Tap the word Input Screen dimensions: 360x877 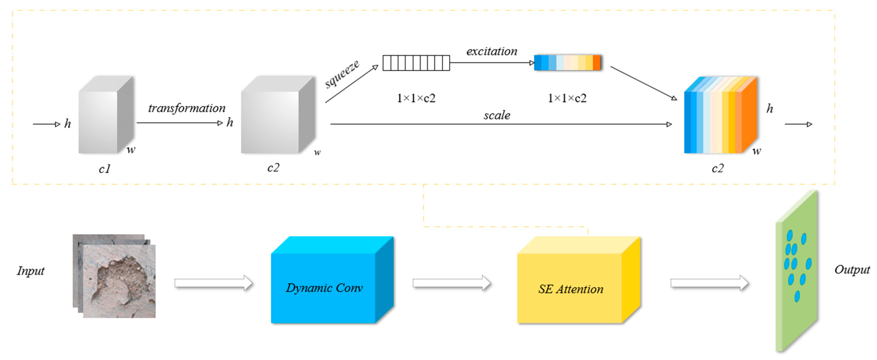31,271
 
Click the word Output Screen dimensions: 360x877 852,270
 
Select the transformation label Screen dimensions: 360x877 187,108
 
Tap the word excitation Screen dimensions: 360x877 492,51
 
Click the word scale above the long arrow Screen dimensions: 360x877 497,115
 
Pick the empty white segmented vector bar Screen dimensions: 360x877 416,63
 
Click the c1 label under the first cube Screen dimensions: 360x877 104,169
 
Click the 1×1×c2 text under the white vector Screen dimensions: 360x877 416,98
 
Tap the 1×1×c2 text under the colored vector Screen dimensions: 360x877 567,98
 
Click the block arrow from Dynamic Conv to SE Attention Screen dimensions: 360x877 451,283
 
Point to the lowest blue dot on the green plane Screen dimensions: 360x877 797,296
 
